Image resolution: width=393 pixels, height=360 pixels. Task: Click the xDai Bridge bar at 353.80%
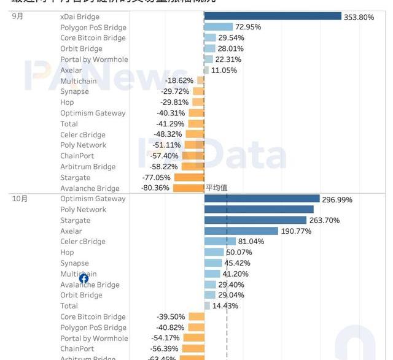pyautogui.click(x=272, y=17)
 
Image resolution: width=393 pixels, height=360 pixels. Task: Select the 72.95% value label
pyautogui.click(x=248, y=28)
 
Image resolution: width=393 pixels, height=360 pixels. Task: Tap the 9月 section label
pyautogui.click(x=18, y=16)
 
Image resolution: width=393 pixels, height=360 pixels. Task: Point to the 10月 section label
pyautogui.click(x=20, y=198)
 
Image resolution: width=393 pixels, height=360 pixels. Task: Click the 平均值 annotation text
pyautogui.click(x=217, y=188)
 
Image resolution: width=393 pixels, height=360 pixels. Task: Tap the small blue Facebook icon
pyautogui.click(x=84, y=278)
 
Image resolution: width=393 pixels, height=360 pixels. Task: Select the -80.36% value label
pyautogui.click(x=155, y=188)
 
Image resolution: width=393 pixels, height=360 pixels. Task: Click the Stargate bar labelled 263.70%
pyautogui.click(x=255, y=220)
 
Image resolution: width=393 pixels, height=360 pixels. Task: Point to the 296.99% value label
pyautogui.click(x=337, y=199)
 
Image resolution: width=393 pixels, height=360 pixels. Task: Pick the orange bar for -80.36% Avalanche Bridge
pyautogui.click(x=189, y=188)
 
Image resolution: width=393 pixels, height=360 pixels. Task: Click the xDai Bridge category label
pyautogui.click(x=80, y=17)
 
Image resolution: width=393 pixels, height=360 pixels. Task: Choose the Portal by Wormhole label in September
pyautogui.click(x=94, y=59)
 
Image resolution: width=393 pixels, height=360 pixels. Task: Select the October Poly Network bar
pyautogui.click(x=259, y=210)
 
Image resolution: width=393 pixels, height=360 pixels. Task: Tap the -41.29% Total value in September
pyautogui.click(x=170, y=124)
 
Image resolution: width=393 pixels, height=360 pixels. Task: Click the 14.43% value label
pyautogui.click(x=225, y=306)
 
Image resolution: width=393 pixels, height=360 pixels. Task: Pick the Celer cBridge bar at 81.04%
pyautogui.click(x=220, y=242)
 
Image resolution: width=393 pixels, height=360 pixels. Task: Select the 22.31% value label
pyautogui.click(x=228, y=59)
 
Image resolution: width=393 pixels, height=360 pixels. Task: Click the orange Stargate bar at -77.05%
pyautogui.click(x=189, y=177)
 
